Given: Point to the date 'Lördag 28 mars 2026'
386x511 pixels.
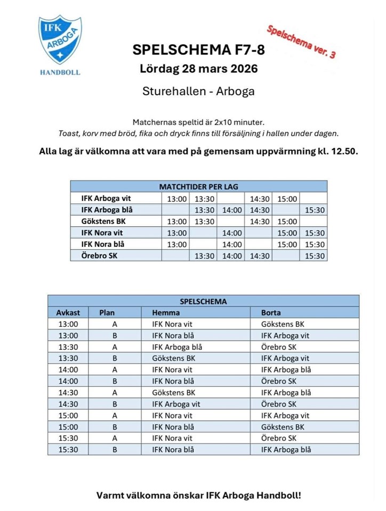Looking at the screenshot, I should point(198,69).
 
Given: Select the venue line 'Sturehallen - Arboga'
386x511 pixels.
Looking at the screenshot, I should point(198,91).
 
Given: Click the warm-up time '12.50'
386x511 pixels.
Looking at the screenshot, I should point(343,151).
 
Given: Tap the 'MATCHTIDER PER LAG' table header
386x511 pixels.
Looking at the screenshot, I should point(198,187).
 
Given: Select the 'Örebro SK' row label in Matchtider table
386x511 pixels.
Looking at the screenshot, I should point(98,256).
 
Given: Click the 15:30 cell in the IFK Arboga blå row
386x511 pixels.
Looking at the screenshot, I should point(315,210).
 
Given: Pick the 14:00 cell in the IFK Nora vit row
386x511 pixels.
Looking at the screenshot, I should point(232,233).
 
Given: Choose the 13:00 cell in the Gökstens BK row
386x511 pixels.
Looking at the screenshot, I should point(177,221).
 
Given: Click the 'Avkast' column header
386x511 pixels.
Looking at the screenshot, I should point(68,312).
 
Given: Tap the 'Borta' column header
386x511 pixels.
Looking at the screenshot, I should point(271,312).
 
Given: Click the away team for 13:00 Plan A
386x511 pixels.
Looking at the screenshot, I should point(283,324).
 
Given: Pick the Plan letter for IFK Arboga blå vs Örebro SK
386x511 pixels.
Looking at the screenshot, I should point(115,347).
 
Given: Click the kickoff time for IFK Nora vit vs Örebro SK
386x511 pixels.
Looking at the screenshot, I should point(68,439).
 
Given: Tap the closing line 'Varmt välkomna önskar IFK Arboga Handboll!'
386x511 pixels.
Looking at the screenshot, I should point(198,495).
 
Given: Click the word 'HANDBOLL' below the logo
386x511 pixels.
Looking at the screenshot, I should point(60,72).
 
